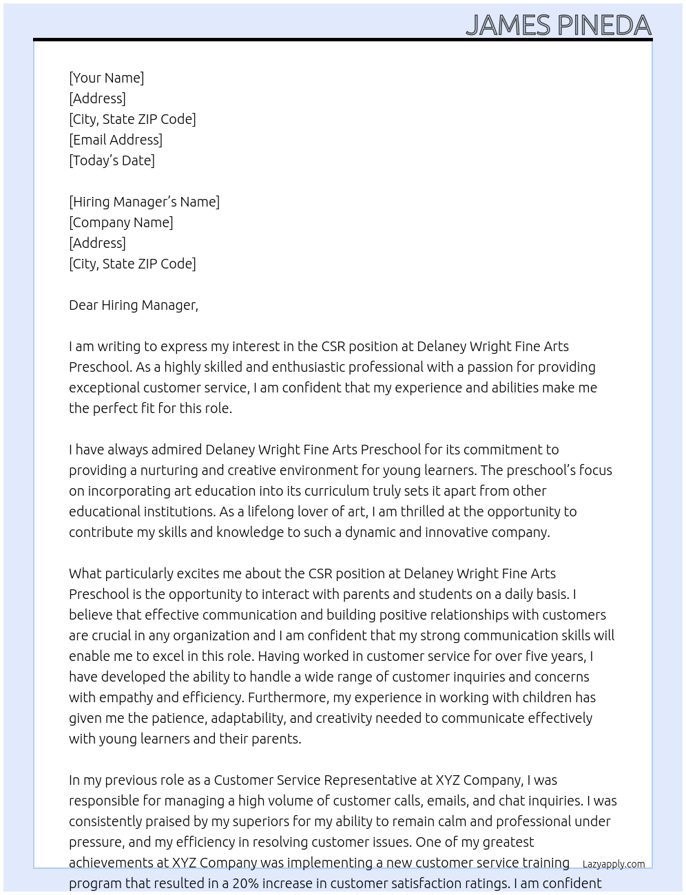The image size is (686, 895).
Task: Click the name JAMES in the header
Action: pyautogui.click(x=508, y=25)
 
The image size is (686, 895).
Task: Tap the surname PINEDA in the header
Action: pyautogui.click(x=604, y=25)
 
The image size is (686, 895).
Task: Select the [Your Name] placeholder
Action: pyautogui.click(x=107, y=78)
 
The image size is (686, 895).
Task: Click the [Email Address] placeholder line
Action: pyautogui.click(x=116, y=140)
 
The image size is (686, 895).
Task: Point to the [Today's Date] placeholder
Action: pyautogui.click(x=112, y=160)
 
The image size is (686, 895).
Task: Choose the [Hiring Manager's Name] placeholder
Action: pyautogui.click(x=144, y=202)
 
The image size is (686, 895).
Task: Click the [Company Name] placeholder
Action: pyautogui.click(x=121, y=222)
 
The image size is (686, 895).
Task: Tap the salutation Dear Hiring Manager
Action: pyautogui.click(x=133, y=305)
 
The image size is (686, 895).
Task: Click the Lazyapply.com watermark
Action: pyautogui.click(x=614, y=864)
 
